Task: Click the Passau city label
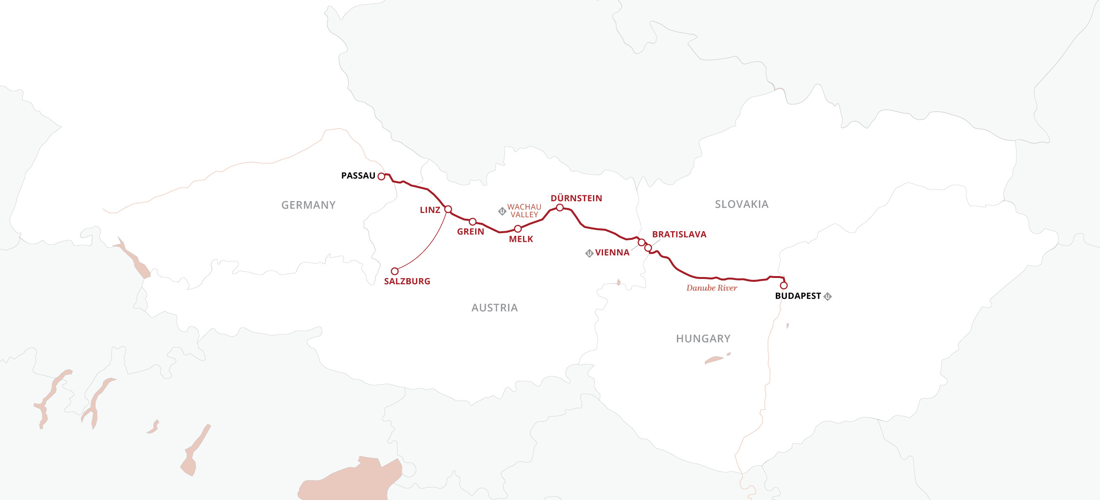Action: pos(358,176)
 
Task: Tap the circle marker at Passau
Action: pos(381,176)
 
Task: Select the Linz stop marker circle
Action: pos(448,209)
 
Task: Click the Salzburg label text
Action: pos(407,281)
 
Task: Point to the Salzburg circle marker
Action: pos(395,271)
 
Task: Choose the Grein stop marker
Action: pos(473,222)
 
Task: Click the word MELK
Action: pos(521,239)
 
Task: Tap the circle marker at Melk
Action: pos(518,228)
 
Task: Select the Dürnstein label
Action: pos(576,198)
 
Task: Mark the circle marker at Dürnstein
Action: pos(560,208)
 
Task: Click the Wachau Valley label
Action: pos(524,211)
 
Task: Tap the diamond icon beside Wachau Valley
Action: pos(502,211)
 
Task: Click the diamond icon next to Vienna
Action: pos(589,253)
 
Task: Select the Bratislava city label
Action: pos(679,235)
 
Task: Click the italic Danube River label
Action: pos(712,288)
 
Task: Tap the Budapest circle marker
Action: pos(784,285)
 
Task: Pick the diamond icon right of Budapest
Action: pos(827,296)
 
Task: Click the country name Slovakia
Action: pos(742,204)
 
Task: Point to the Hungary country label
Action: pos(703,339)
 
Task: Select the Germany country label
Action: pos(308,205)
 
